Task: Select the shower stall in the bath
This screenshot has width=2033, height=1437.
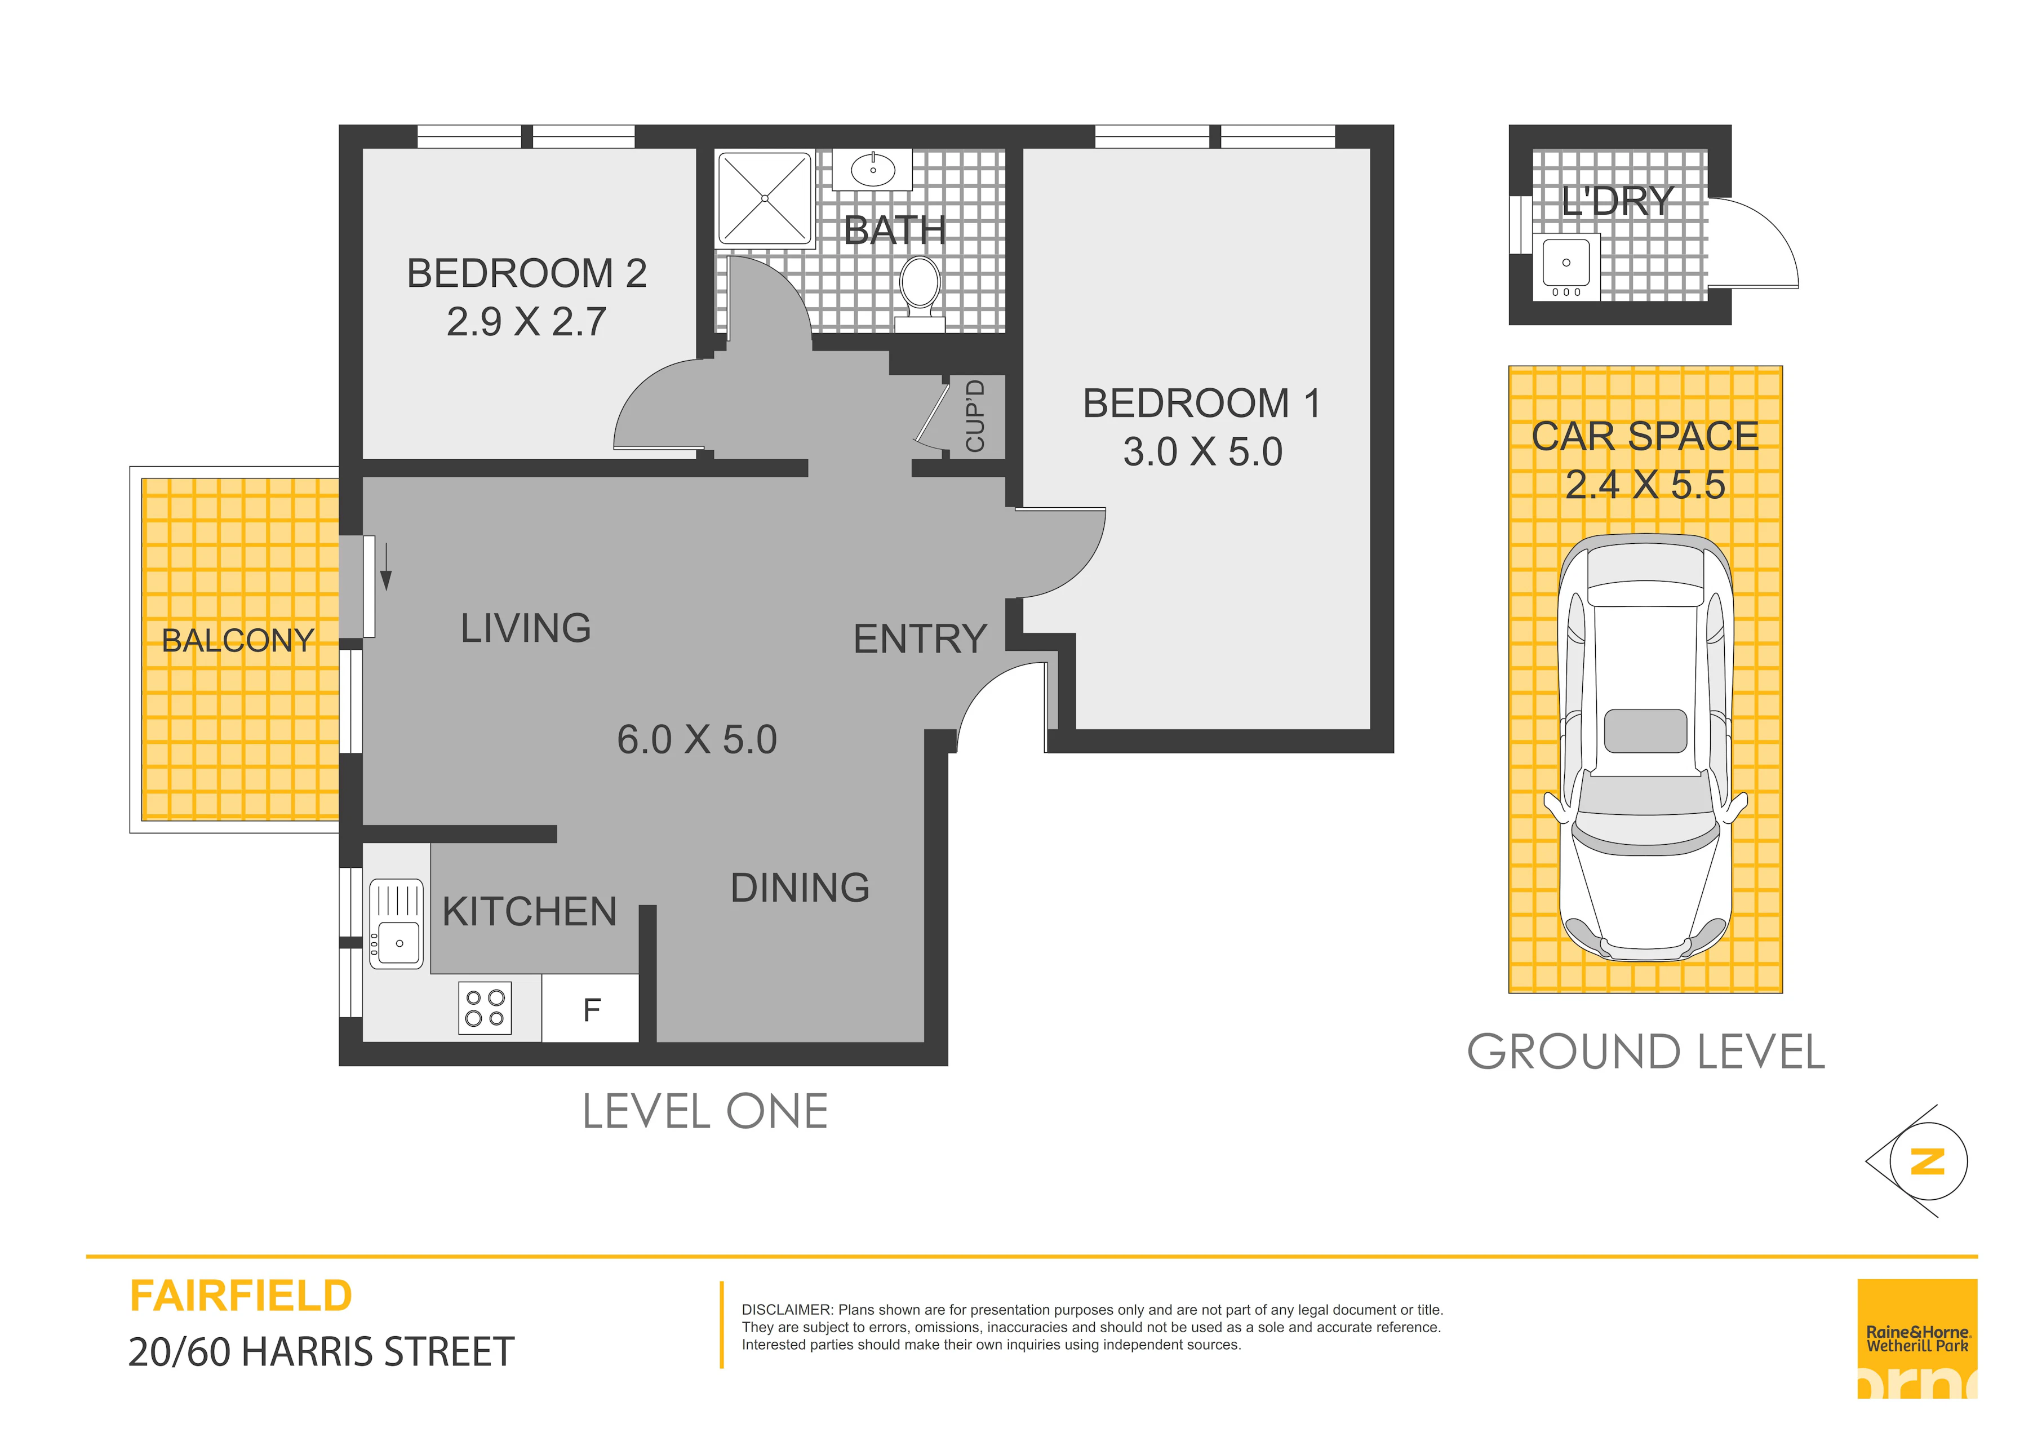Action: [x=765, y=198]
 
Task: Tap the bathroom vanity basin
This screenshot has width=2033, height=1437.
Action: [x=873, y=170]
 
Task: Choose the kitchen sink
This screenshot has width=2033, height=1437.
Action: [x=396, y=924]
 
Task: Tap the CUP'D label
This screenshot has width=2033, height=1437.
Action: [x=975, y=415]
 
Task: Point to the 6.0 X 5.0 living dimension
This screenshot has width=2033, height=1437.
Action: [x=697, y=739]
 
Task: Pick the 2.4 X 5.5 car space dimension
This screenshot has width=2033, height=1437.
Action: [x=1645, y=484]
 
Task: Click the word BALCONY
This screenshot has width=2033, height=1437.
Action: [x=237, y=640]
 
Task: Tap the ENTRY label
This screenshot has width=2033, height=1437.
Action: [x=920, y=638]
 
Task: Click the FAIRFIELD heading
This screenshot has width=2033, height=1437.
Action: [x=241, y=1296]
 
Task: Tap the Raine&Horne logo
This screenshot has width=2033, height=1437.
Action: [x=1917, y=1339]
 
